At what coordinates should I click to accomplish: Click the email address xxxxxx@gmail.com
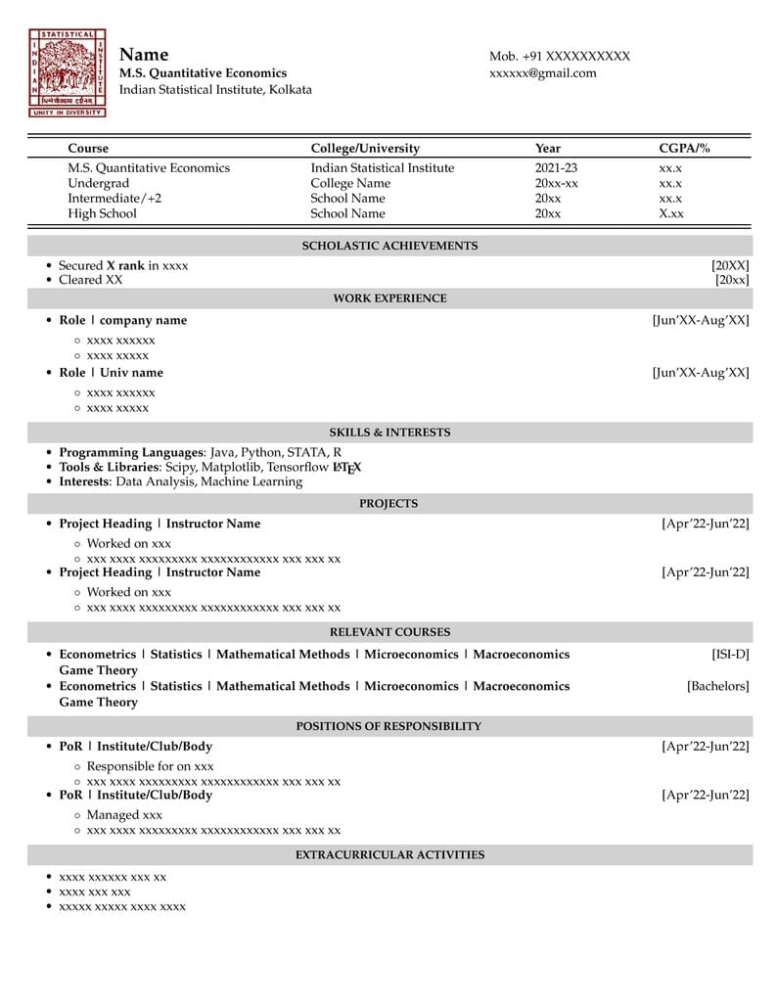tap(542, 73)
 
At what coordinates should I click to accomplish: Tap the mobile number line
tap(559, 56)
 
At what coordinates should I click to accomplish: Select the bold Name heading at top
tap(144, 55)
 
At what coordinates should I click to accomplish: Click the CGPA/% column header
tap(684, 149)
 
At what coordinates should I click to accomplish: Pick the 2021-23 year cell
tap(556, 168)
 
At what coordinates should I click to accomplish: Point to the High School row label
tap(102, 213)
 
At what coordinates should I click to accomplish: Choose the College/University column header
tap(365, 149)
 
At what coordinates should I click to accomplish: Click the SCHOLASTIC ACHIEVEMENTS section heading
tap(389, 246)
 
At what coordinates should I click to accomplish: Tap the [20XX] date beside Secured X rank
tap(730, 265)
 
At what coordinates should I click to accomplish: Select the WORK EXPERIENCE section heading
tap(389, 298)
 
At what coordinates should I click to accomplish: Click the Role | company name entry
tap(122, 320)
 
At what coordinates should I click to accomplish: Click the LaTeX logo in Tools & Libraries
tap(346, 468)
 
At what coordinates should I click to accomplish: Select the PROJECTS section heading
tap(388, 504)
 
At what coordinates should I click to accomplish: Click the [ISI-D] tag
tap(730, 655)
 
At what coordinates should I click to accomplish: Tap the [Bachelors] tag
tap(718, 687)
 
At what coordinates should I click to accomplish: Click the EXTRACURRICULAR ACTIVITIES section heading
tap(389, 855)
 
